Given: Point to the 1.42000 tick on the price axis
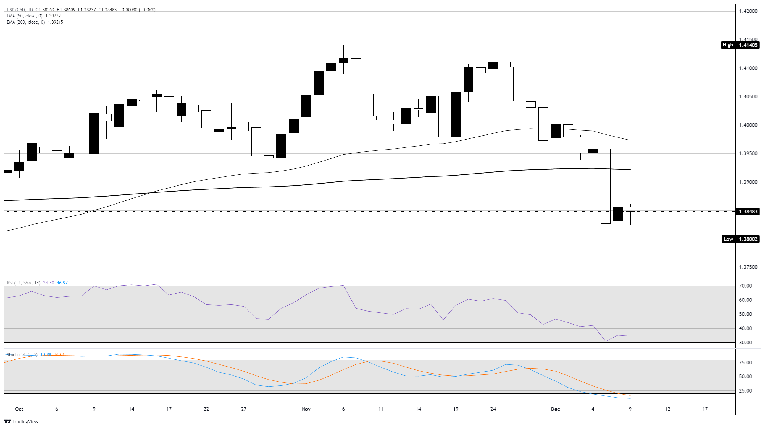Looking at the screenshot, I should click(748, 11).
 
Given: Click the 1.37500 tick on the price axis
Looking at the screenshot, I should click(748, 267).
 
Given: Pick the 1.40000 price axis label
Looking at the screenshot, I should click(748, 125).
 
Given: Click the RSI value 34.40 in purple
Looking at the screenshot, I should click(49, 283).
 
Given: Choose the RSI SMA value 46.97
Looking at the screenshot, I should click(62, 283).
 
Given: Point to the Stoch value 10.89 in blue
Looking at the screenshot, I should click(46, 355).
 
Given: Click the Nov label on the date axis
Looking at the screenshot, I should click(306, 409).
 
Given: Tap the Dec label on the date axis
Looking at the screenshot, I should click(555, 409).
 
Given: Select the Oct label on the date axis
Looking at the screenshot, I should click(19, 409).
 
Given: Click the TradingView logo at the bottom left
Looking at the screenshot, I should click(21, 422).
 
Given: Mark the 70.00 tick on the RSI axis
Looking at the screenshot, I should click(745, 286).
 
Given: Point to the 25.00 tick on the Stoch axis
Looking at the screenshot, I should click(745, 391).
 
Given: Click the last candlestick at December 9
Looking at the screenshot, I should click(630, 210).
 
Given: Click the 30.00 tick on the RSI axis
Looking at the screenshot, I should click(745, 343).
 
